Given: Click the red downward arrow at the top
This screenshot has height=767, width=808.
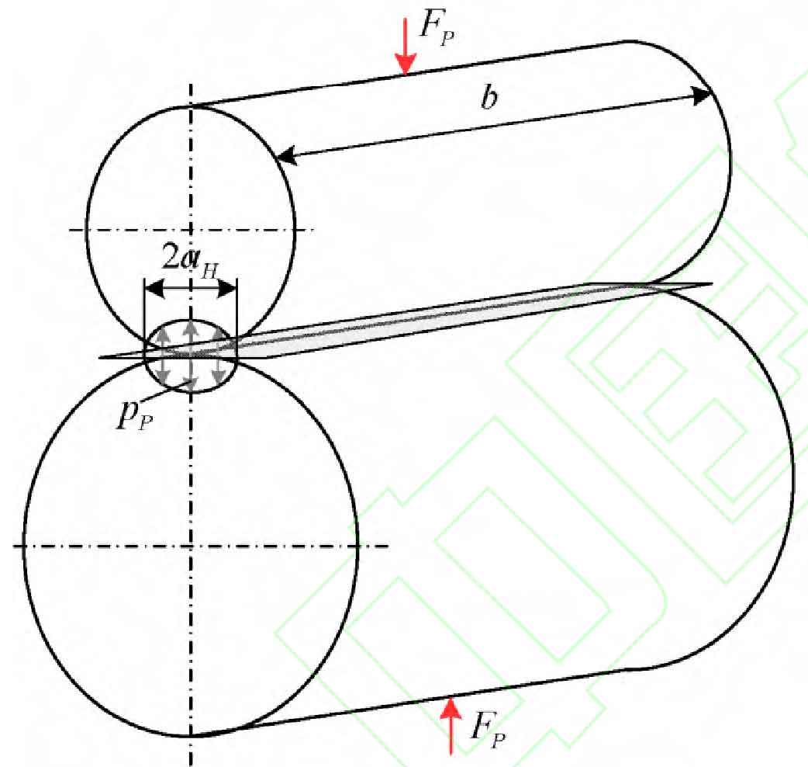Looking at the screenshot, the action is pyautogui.click(x=406, y=47).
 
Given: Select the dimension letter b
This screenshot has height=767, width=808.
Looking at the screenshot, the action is pyautogui.click(x=489, y=97).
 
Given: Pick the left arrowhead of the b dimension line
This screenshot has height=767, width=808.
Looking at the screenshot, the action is pyautogui.click(x=288, y=154).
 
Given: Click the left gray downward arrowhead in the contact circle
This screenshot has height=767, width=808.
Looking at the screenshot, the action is pyautogui.click(x=164, y=376).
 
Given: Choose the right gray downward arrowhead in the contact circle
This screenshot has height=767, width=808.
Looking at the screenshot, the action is pyautogui.click(x=219, y=377).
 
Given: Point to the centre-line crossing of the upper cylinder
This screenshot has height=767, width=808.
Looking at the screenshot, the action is pyautogui.click(x=191, y=230).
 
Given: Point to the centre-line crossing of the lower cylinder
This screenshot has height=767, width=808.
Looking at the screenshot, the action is pyautogui.click(x=191, y=546).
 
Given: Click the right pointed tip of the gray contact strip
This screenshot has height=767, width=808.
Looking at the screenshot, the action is pyautogui.click(x=712, y=283).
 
